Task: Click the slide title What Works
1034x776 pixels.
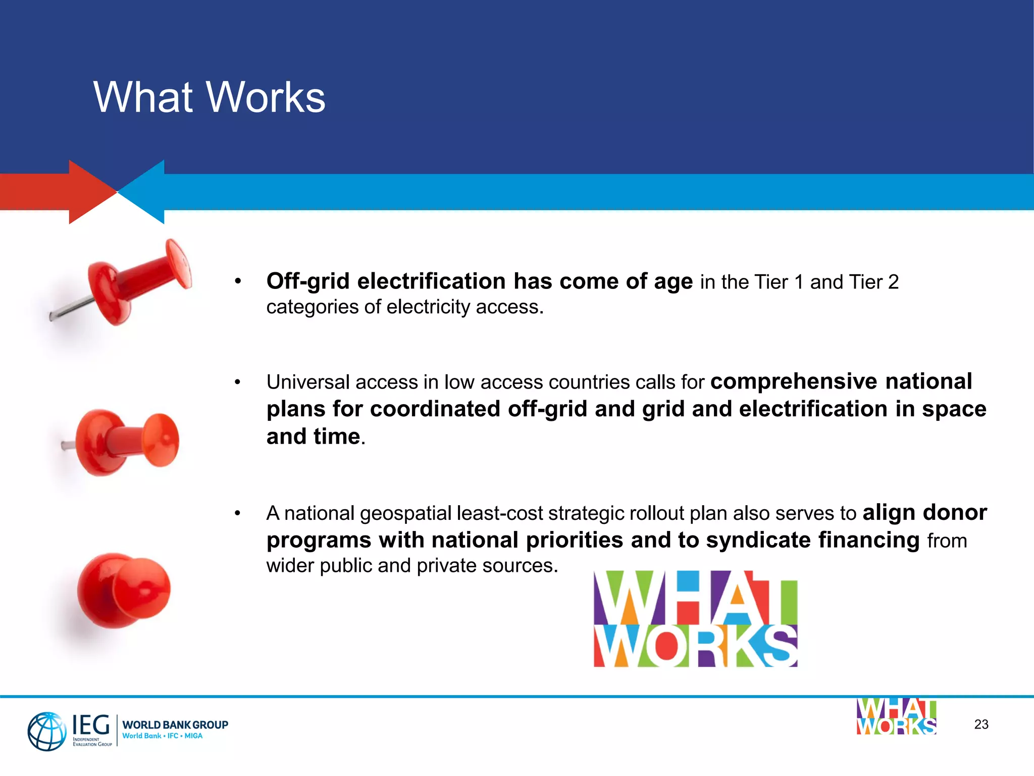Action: click(209, 97)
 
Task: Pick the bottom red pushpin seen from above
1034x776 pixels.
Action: click(124, 590)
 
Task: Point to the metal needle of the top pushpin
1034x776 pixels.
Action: click(71, 308)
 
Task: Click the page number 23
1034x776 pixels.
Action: click(981, 724)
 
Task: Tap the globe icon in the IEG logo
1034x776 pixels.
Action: click(46, 731)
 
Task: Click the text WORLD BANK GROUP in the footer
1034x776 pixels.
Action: click(175, 724)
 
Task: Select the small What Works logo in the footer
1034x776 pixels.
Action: click(896, 716)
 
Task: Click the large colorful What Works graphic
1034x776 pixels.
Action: click(695, 619)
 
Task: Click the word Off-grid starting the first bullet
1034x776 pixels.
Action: click(308, 281)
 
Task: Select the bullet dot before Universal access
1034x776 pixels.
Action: click(237, 382)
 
